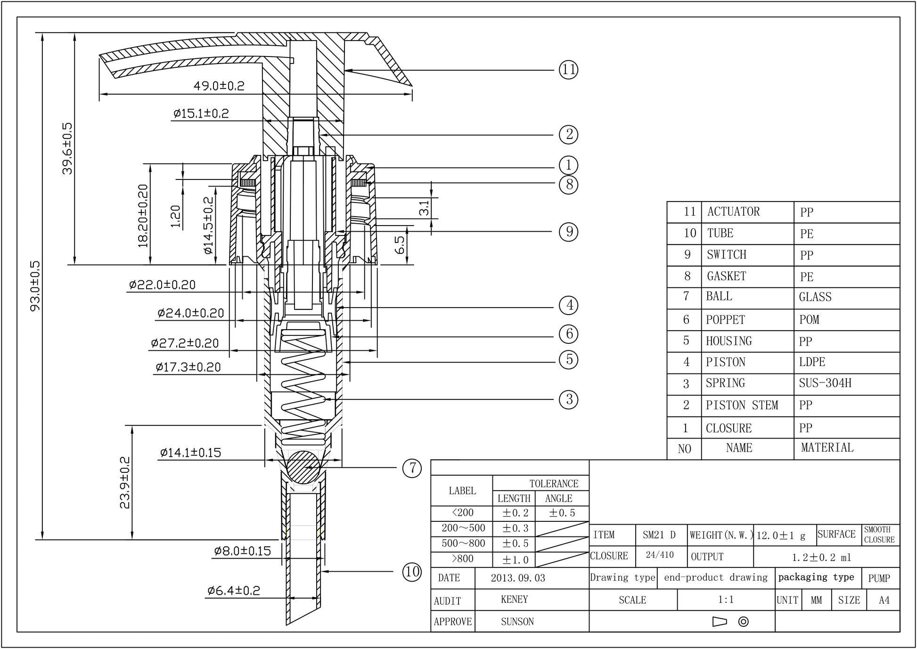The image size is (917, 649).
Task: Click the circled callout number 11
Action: (568, 70)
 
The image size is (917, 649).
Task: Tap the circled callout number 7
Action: (412, 468)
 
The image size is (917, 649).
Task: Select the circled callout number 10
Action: (412, 572)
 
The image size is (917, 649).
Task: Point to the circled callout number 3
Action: (569, 399)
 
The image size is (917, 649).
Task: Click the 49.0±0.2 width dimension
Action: (219, 86)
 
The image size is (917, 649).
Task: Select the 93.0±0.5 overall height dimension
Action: (35, 286)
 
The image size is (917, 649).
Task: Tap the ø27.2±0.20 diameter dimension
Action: (185, 343)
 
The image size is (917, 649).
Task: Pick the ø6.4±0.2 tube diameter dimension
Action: (234, 590)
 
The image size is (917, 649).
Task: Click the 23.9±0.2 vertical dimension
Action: (125, 482)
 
